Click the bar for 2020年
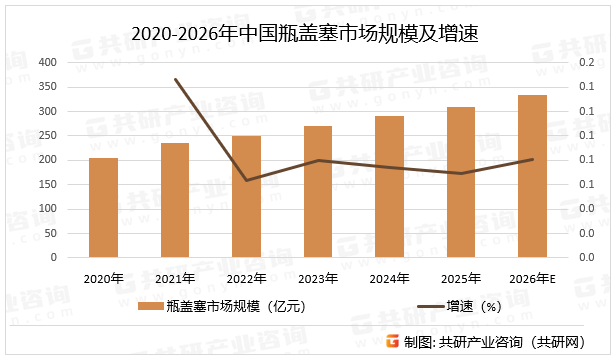point(103,208)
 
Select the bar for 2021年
point(175,200)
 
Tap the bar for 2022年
point(246,197)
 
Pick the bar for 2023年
point(318,192)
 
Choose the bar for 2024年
point(389,187)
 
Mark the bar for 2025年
point(461,182)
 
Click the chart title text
point(307,34)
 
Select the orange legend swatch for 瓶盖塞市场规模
point(148,308)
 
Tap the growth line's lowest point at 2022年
point(246,180)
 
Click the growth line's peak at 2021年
point(175,80)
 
